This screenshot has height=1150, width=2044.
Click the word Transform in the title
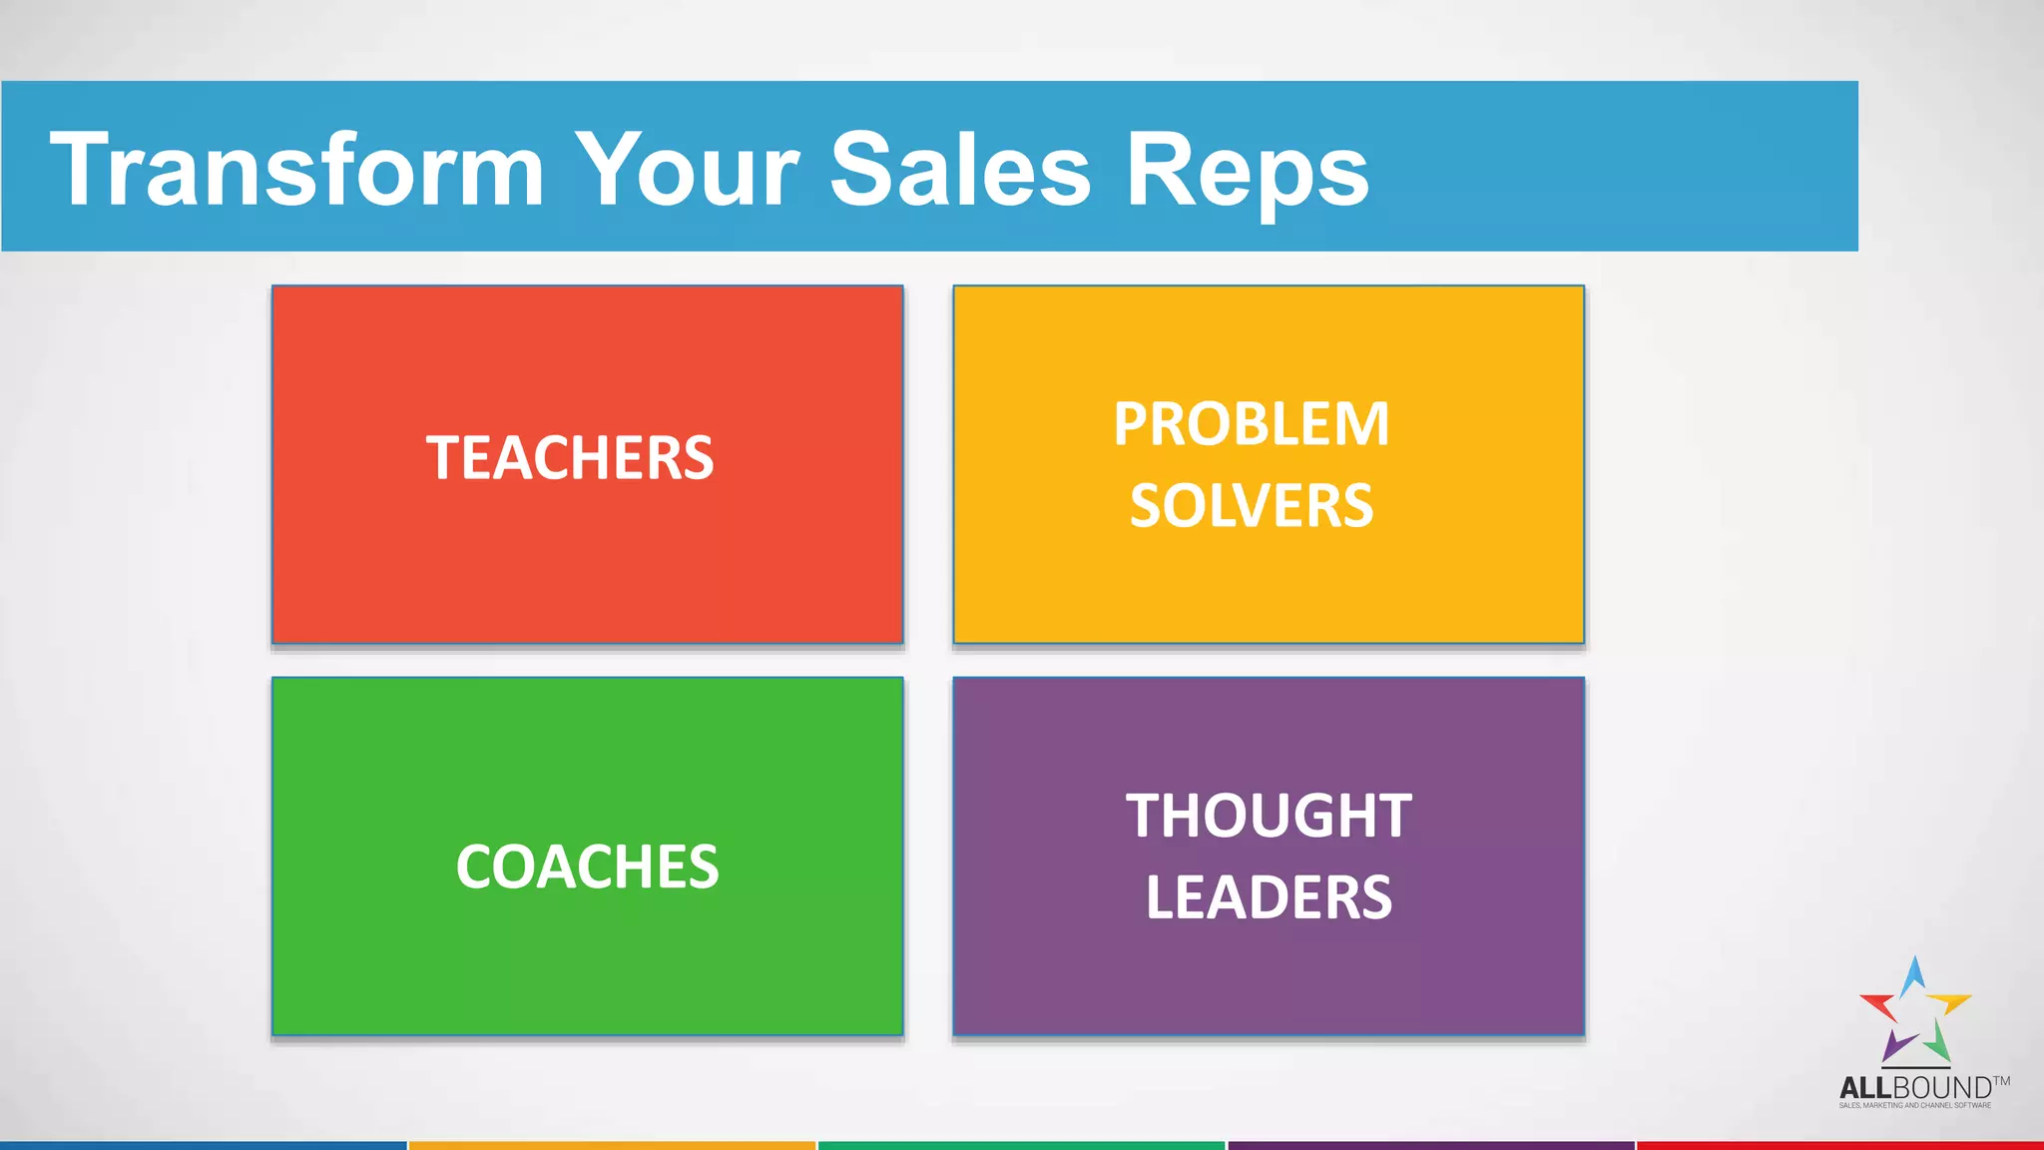[297, 169]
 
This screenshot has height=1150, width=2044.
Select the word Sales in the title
[960, 169]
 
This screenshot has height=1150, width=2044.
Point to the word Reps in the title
[1247, 172]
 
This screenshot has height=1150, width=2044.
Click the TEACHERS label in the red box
[570, 458]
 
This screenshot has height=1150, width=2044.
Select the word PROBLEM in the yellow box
[1252, 424]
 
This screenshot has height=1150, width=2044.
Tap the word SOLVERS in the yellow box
[1252, 505]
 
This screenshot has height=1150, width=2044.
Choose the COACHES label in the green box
[587, 866]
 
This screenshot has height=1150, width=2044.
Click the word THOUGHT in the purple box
[1269, 816]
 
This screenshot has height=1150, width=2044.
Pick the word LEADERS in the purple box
[1269, 896]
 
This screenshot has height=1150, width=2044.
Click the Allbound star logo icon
[1914, 1011]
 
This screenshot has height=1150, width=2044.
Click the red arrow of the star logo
[1879, 1004]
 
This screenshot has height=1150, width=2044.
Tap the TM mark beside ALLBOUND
[2001, 1080]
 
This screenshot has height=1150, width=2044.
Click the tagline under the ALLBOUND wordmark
[1914, 1105]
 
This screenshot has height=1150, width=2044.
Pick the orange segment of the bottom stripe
[612, 1145]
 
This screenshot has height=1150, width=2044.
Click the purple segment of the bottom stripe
[1430, 1145]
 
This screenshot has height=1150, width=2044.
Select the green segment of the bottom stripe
[1021, 1145]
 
